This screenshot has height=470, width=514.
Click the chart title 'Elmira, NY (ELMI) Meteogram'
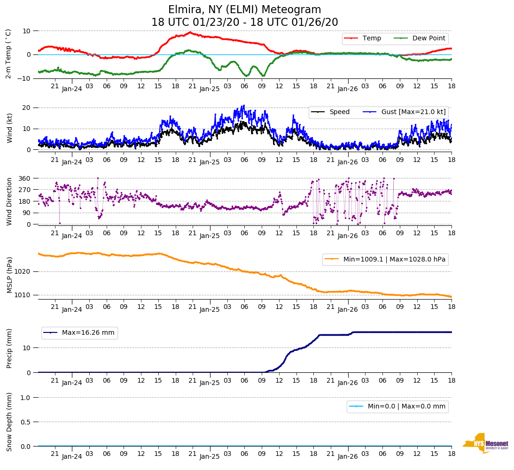point(244,10)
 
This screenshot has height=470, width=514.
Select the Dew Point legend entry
point(429,38)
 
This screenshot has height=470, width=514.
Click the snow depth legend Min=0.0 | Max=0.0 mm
point(406,406)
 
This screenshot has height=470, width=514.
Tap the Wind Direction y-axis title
point(9,201)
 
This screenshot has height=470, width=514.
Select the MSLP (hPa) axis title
point(9,275)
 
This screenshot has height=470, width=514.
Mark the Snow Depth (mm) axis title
point(9,422)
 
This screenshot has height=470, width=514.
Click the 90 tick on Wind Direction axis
point(26,213)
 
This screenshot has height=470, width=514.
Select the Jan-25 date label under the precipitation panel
point(210,383)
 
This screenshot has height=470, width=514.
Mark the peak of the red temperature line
point(190,32)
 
